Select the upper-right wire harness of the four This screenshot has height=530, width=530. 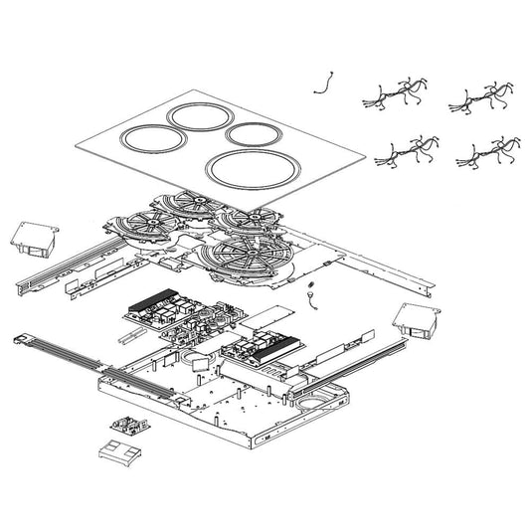click(x=483, y=95)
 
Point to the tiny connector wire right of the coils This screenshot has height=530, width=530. click(x=311, y=294)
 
